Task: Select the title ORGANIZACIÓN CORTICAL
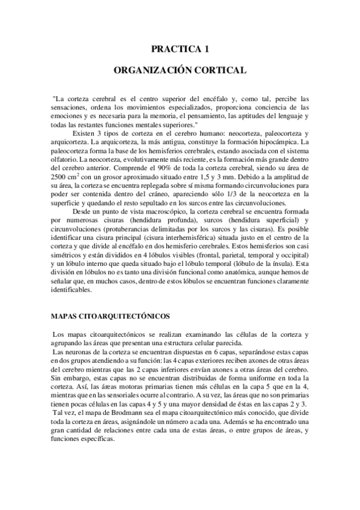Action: tap(180, 70)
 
